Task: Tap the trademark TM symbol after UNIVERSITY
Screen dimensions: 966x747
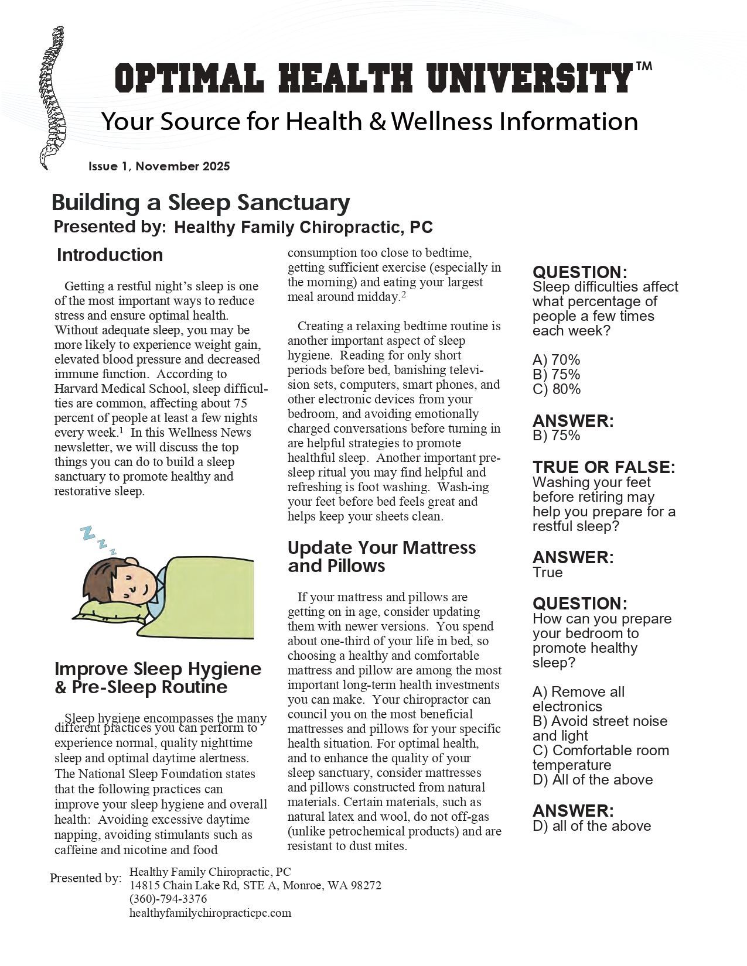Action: (643, 67)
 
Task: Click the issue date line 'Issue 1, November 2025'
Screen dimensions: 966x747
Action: (159, 166)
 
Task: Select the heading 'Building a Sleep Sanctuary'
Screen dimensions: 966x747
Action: (201, 203)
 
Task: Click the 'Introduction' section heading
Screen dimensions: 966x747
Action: (110, 255)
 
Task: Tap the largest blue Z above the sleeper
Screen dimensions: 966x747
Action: (88, 533)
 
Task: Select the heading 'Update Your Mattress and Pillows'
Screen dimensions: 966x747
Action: (381, 556)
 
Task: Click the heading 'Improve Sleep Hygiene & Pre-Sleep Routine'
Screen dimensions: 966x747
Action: (158, 677)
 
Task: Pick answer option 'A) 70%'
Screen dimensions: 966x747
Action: (556, 360)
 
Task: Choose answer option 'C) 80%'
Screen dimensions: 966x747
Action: (556, 389)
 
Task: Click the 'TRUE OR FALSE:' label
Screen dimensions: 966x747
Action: (603, 467)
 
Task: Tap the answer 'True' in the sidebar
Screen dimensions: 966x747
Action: (547, 573)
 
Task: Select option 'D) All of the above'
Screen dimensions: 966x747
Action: (592, 780)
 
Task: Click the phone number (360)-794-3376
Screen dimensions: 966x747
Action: (168, 899)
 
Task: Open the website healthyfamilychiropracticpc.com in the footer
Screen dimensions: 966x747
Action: (210, 913)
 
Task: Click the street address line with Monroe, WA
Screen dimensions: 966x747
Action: (255, 885)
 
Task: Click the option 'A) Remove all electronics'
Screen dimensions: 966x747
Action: (578, 699)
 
